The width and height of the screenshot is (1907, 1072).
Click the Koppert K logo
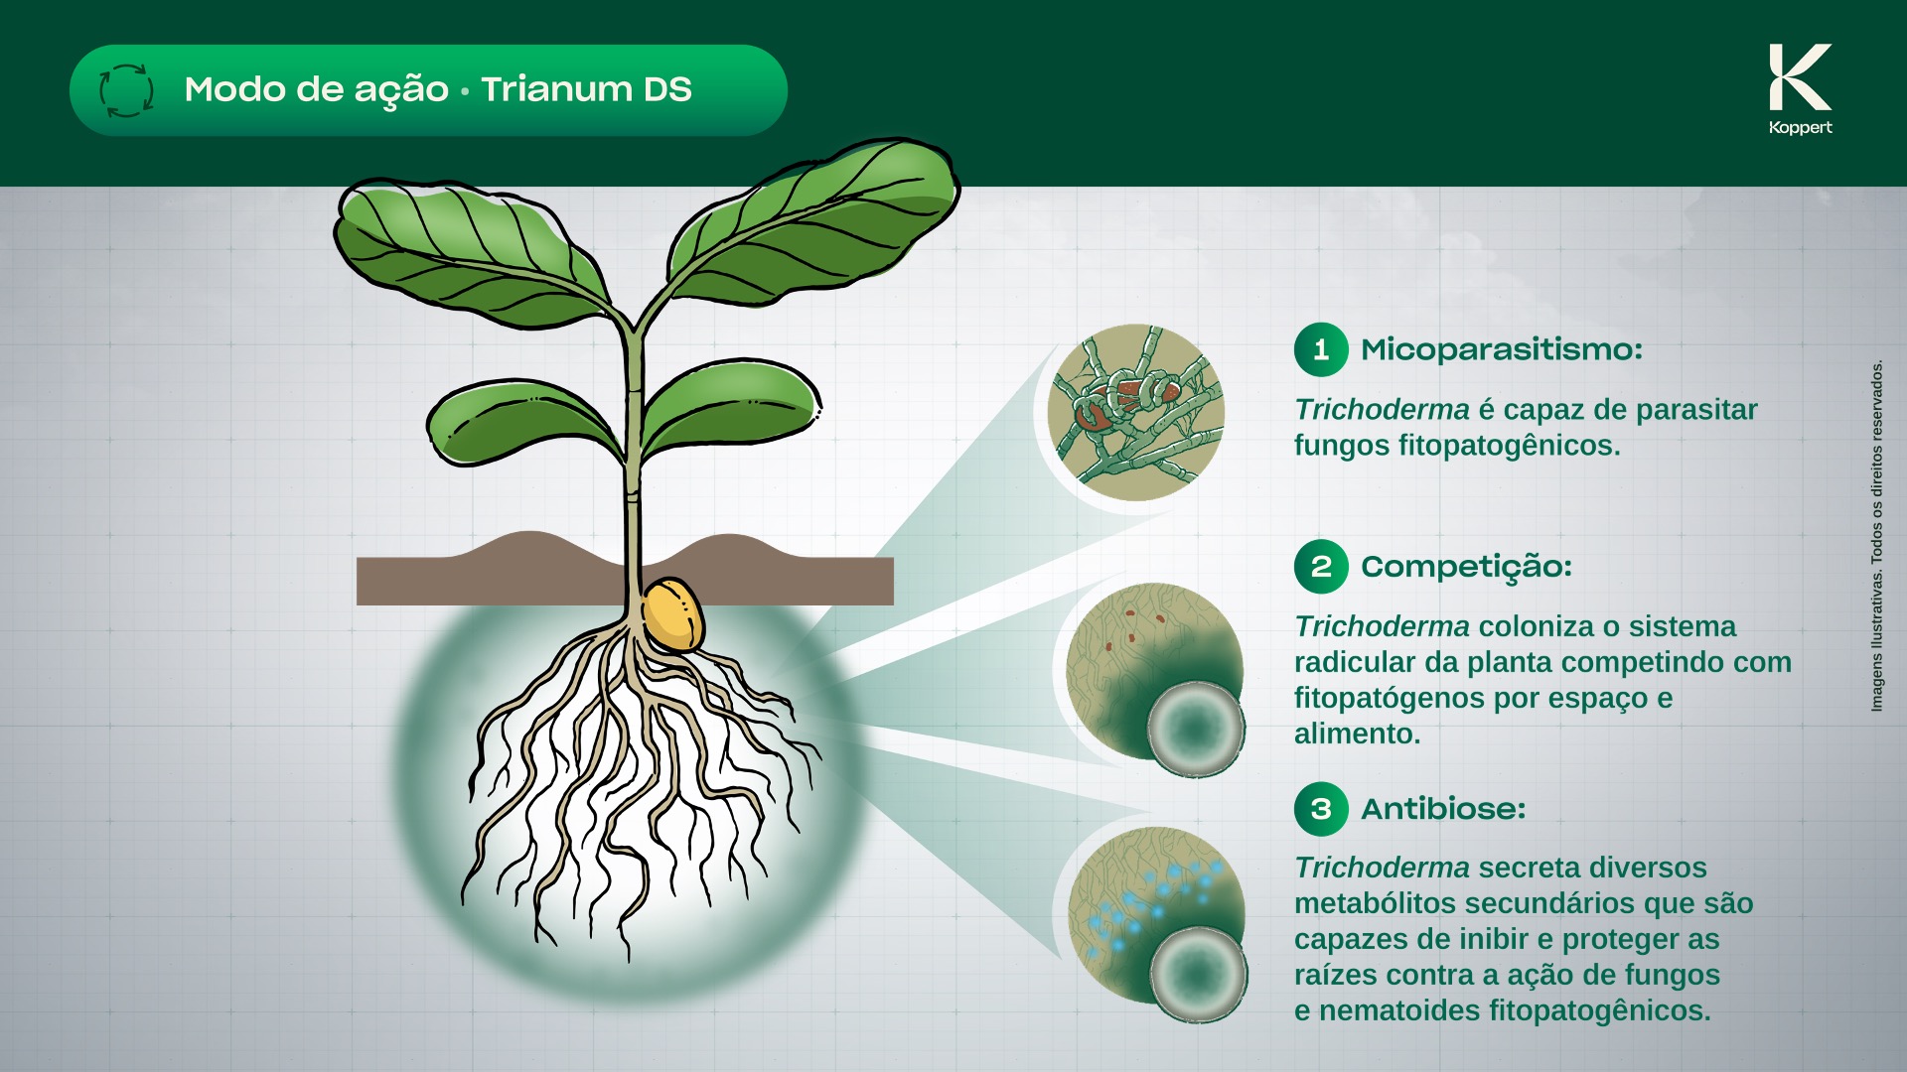pos(1800,77)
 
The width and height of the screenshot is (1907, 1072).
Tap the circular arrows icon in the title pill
pos(126,90)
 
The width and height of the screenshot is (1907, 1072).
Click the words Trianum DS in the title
pos(586,89)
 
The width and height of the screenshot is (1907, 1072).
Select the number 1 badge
pos(1321,349)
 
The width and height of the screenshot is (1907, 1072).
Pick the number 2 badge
pos(1321,567)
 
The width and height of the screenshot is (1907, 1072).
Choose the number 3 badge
pos(1321,809)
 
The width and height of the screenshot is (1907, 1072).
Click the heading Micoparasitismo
pos(1502,349)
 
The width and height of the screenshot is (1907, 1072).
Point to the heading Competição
pos(1466,568)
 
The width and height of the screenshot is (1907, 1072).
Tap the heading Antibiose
pos(1443,809)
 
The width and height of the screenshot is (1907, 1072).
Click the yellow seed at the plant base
pos(672,614)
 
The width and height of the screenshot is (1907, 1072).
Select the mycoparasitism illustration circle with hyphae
pos(1136,412)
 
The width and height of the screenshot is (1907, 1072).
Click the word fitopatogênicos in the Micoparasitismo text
pos(1509,446)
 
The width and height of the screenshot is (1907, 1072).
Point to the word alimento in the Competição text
pos(1357,734)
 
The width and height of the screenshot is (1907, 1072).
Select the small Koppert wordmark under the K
pos(1800,127)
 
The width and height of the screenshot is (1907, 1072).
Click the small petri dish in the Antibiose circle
pos(1198,974)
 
